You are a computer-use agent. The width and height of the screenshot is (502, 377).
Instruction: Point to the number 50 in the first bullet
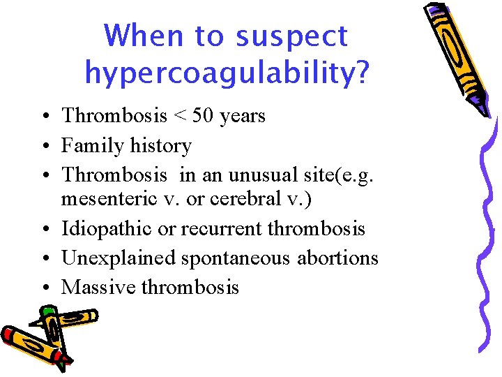coord(202,115)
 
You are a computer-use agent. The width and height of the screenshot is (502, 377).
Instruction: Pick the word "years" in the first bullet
coord(242,116)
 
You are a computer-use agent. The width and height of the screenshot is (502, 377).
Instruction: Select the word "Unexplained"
coord(119,258)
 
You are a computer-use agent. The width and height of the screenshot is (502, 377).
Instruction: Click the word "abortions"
coord(337,258)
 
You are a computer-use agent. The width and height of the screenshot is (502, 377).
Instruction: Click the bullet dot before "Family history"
coord(44,147)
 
